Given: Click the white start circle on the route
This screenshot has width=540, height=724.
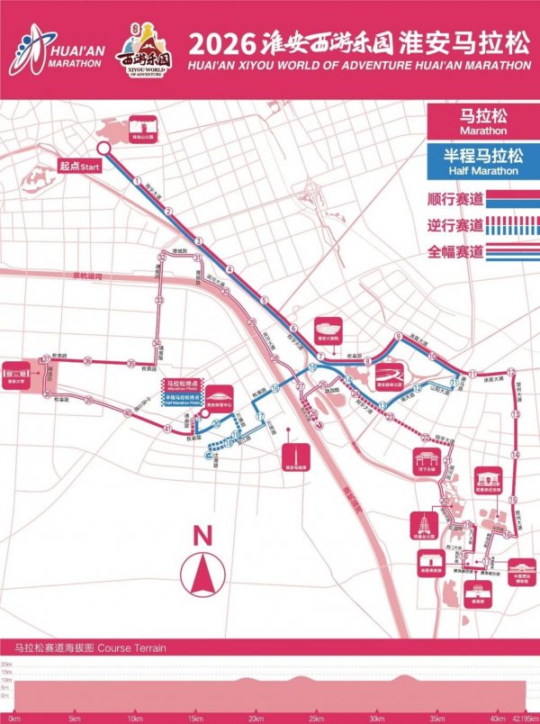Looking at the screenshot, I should (104, 149).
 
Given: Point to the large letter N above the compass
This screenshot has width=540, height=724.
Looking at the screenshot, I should (203, 535).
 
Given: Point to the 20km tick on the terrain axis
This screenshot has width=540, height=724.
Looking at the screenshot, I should (257, 718).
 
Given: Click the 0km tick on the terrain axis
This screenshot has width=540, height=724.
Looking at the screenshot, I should (13, 718).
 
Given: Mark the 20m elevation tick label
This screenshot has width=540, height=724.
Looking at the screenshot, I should (6, 663).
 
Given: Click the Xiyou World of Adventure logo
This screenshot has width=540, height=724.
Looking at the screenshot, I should (142, 54).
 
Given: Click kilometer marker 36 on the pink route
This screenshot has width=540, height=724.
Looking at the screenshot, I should (88, 362).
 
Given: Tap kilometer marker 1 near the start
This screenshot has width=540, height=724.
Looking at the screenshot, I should (136, 180).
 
